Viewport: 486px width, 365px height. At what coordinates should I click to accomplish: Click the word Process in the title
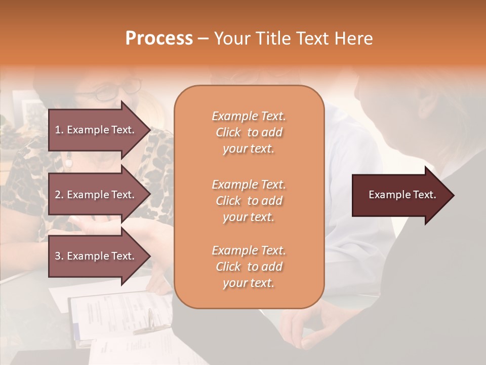click(x=159, y=39)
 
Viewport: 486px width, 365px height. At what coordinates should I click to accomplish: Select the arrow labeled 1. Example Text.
click(x=96, y=130)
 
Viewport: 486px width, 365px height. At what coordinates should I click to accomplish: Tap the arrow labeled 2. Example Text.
click(x=96, y=195)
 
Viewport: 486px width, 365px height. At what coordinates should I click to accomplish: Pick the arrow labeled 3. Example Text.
click(x=96, y=256)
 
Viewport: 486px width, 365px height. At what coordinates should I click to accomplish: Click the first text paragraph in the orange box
click(x=249, y=132)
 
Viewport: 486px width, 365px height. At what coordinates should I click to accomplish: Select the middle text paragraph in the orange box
click(x=249, y=201)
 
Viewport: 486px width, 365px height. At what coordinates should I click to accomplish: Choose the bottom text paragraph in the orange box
click(x=249, y=267)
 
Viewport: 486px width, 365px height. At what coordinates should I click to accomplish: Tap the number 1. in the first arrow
click(x=59, y=130)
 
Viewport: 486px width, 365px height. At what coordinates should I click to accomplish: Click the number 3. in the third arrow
click(x=59, y=256)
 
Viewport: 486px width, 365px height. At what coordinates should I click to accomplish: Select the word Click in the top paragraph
click(x=228, y=132)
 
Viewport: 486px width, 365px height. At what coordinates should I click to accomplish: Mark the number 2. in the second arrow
click(x=59, y=195)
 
